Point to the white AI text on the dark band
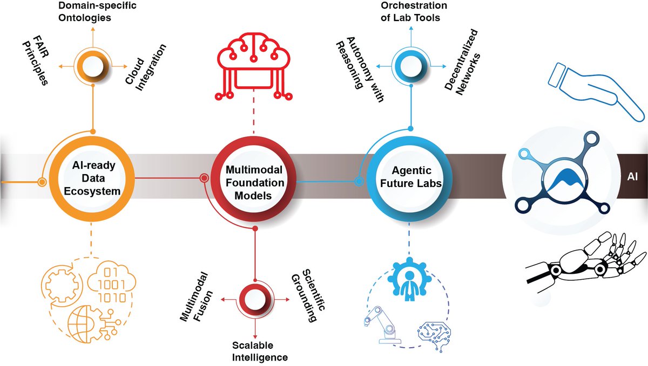tap(632, 177)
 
